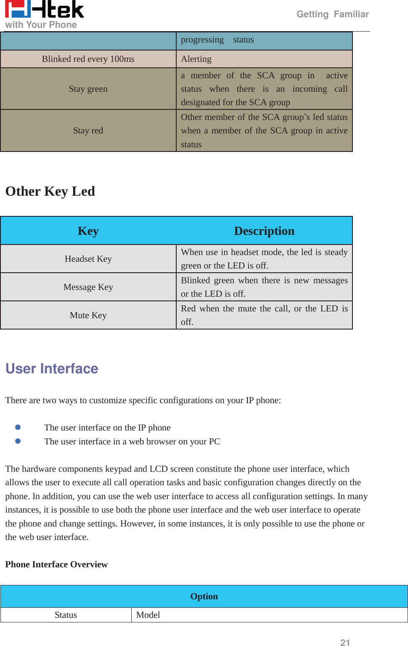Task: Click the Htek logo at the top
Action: coord(44,9)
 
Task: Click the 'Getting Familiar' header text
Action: coord(332,14)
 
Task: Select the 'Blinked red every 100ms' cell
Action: coord(88,59)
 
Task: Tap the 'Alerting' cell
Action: coord(264,59)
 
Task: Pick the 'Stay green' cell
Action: coord(88,89)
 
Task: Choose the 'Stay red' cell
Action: coord(88,130)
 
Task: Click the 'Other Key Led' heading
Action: coord(50,191)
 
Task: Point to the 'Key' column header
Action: coord(88,231)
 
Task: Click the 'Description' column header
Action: coord(264,231)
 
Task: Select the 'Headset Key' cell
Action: coord(88,259)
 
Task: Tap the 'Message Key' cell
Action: coord(88,287)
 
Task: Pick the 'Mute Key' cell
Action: coord(88,315)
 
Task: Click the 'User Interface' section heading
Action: coord(52,369)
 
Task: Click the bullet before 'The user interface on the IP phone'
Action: coord(18,427)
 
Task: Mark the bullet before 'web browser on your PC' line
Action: coord(18,441)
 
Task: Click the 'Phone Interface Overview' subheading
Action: coord(56,564)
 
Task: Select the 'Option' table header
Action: coord(204,596)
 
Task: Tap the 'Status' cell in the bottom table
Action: coord(66,615)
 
